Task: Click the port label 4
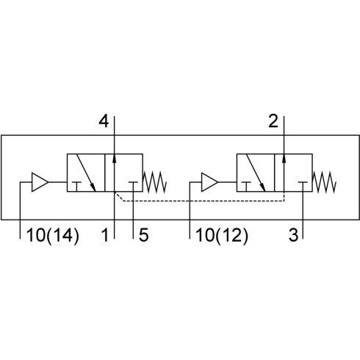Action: [104, 121]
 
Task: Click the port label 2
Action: [273, 121]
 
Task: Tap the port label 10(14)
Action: [53, 235]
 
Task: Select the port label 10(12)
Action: [222, 235]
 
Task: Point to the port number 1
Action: [105, 235]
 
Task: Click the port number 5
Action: [144, 235]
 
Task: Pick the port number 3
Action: [293, 235]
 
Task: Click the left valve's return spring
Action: [155, 182]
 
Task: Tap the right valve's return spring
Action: [324, 182]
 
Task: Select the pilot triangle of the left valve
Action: [39, 182]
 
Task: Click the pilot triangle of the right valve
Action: [209, 182]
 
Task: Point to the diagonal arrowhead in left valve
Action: [93, 187]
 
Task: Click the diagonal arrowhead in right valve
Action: [262, 187]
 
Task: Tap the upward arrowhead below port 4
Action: [115, 158]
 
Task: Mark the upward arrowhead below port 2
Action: [284, 158]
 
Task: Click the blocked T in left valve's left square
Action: [76, 187]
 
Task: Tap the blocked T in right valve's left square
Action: [246, 187]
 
